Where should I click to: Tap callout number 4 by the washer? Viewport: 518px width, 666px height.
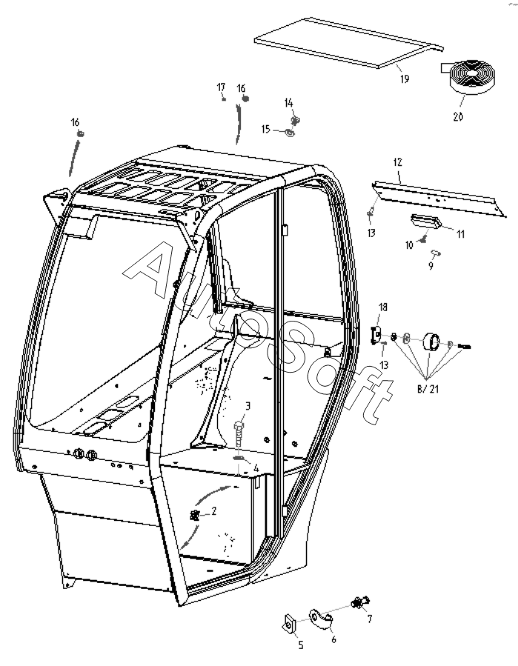click(256, 468)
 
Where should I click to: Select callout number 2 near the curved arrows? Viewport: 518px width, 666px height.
click(213, 510)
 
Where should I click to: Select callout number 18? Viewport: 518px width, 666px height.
click(383, 307)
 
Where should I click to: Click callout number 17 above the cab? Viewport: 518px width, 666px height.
click(221, 87)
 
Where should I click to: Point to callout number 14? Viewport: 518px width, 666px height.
click(289, 101)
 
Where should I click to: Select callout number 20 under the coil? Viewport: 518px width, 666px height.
click(458, 116)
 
